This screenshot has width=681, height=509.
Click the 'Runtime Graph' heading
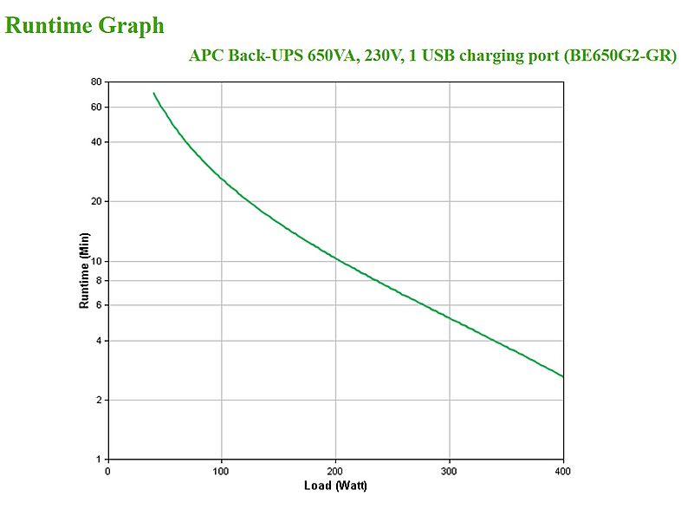coord(84,25)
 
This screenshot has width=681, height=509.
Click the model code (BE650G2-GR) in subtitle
coord(619,56)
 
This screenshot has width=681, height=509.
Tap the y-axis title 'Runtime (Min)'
coord(84,271)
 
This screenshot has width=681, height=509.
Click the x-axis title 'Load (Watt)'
coord(335,486)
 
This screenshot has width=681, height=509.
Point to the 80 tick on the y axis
coord(97,82)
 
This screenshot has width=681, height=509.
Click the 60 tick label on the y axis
coord(97,108)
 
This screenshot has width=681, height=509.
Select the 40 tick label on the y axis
coord(97,142)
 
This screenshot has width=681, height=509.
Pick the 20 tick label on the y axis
coord(97,201)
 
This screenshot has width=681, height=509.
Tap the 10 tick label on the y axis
coord(97,261)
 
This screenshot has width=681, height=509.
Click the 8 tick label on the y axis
coord(100,280)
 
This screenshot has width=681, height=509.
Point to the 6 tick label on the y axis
coord(100,305)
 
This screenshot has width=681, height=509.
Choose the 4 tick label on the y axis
coord(100,341)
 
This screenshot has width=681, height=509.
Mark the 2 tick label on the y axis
coord(100,401)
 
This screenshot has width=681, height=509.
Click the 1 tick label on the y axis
coord(100,460)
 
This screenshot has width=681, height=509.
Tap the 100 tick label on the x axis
coord(222,472)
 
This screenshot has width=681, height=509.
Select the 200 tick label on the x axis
coord(335,472)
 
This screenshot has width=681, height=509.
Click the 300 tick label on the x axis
coord(449,472)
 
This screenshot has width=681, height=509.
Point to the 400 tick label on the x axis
coord(562,472)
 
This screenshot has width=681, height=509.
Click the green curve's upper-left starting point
coord(153,93)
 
